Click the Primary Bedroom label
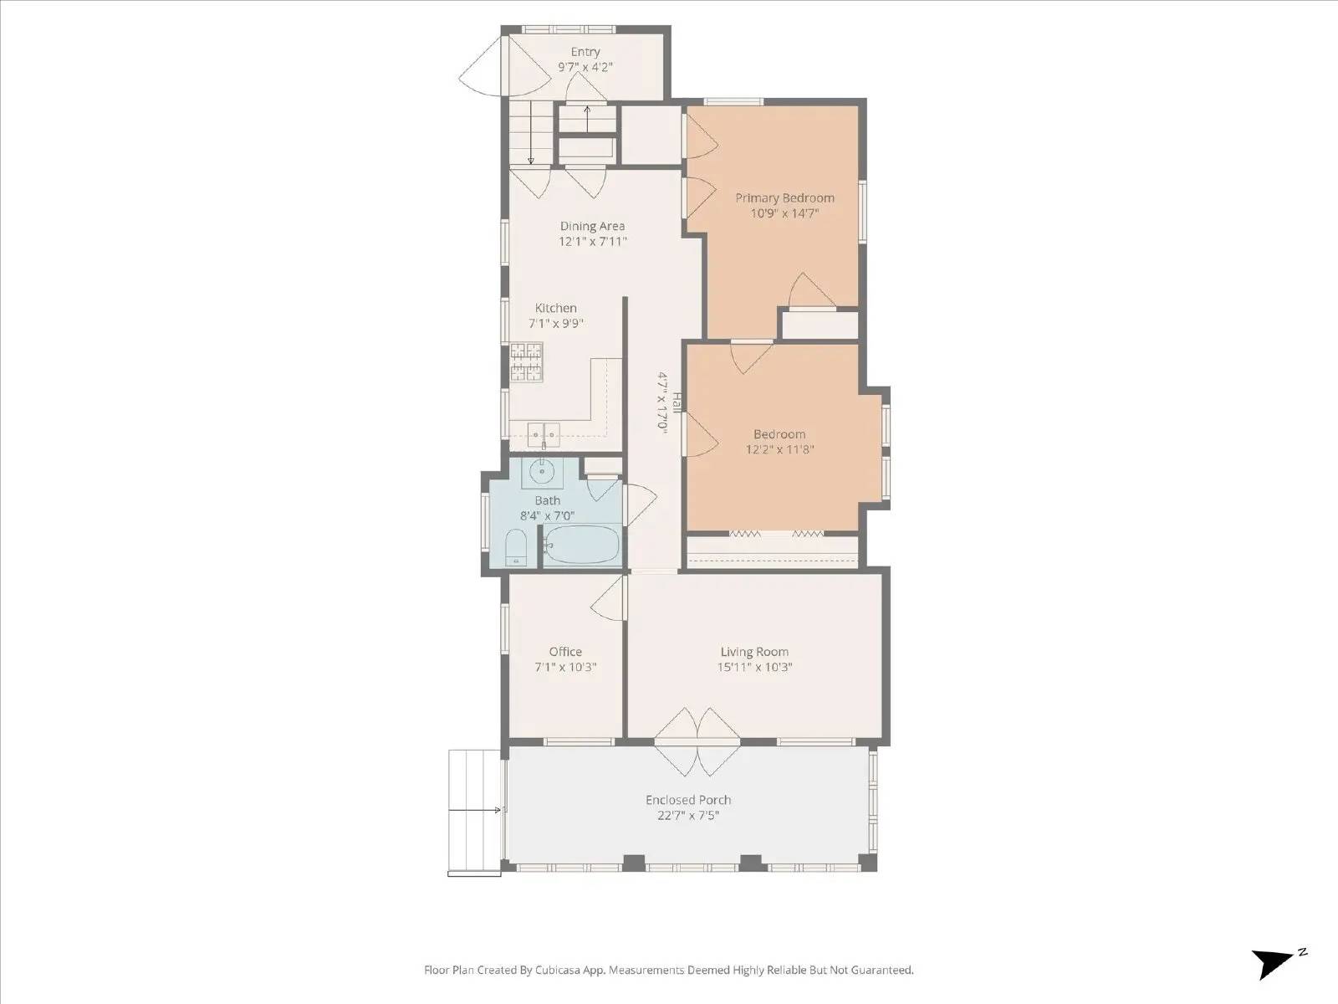point(784,198)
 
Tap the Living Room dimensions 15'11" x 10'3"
point(754,668)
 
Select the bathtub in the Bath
point(583,546)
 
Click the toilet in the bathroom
point(516,548)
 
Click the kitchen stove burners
point(527,362)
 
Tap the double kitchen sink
point(544,433)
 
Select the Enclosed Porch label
point(688,800)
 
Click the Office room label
point(565,652)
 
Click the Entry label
point(585,52)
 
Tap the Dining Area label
point(592,226)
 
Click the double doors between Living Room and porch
point(697,740)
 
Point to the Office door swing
point(609,597)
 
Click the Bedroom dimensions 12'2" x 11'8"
point(779,449)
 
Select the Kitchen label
point(556,308)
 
